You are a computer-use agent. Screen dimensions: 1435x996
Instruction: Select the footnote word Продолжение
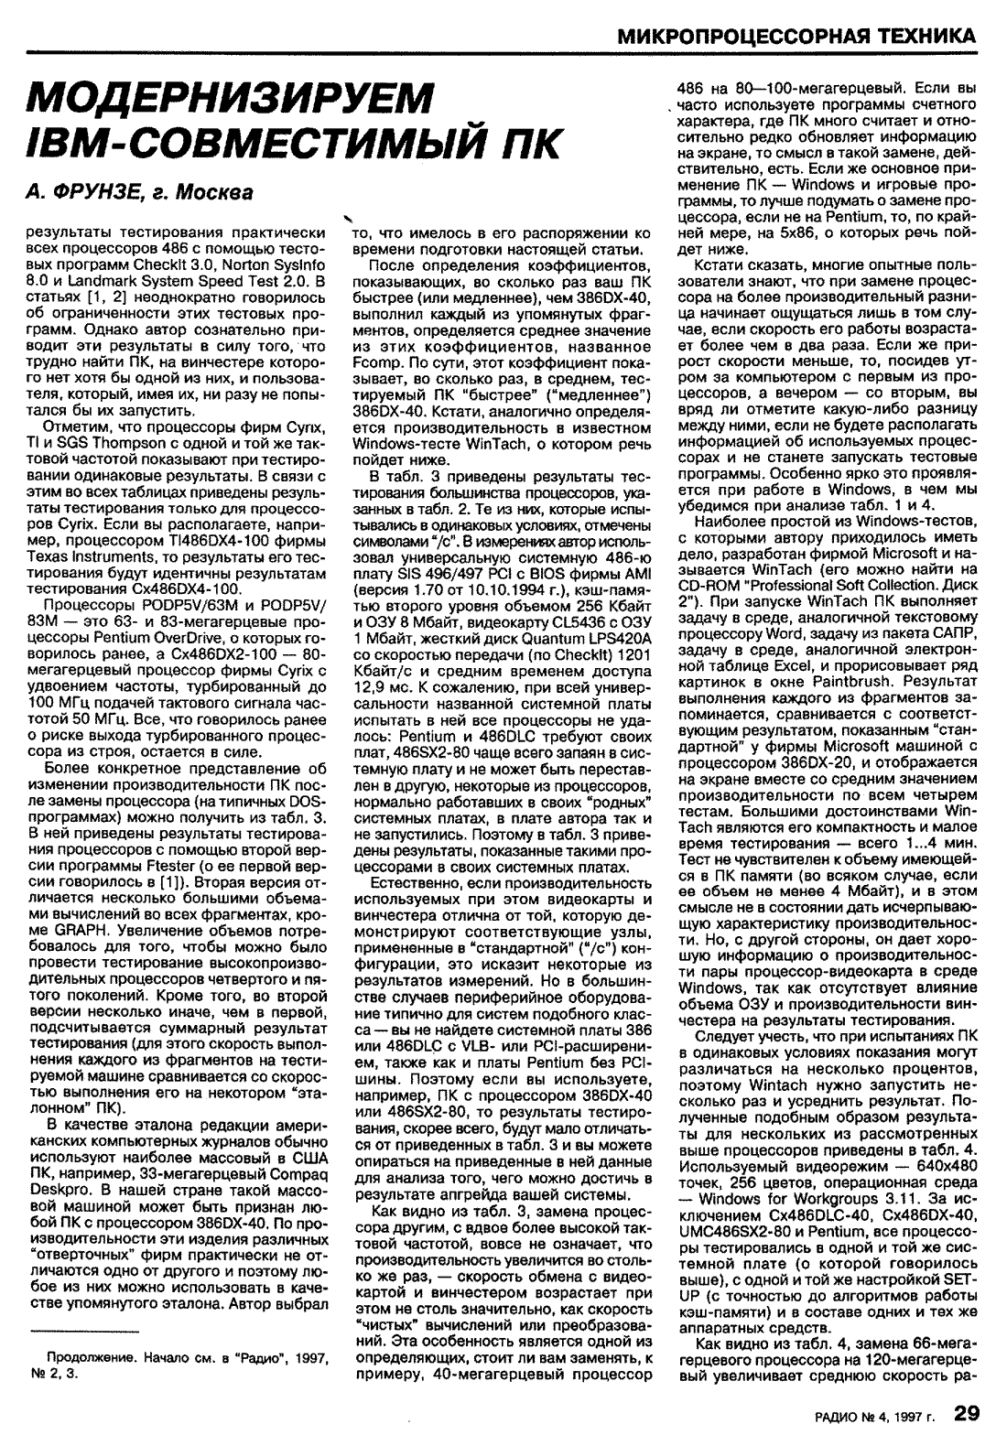[x=85, y=1357]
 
